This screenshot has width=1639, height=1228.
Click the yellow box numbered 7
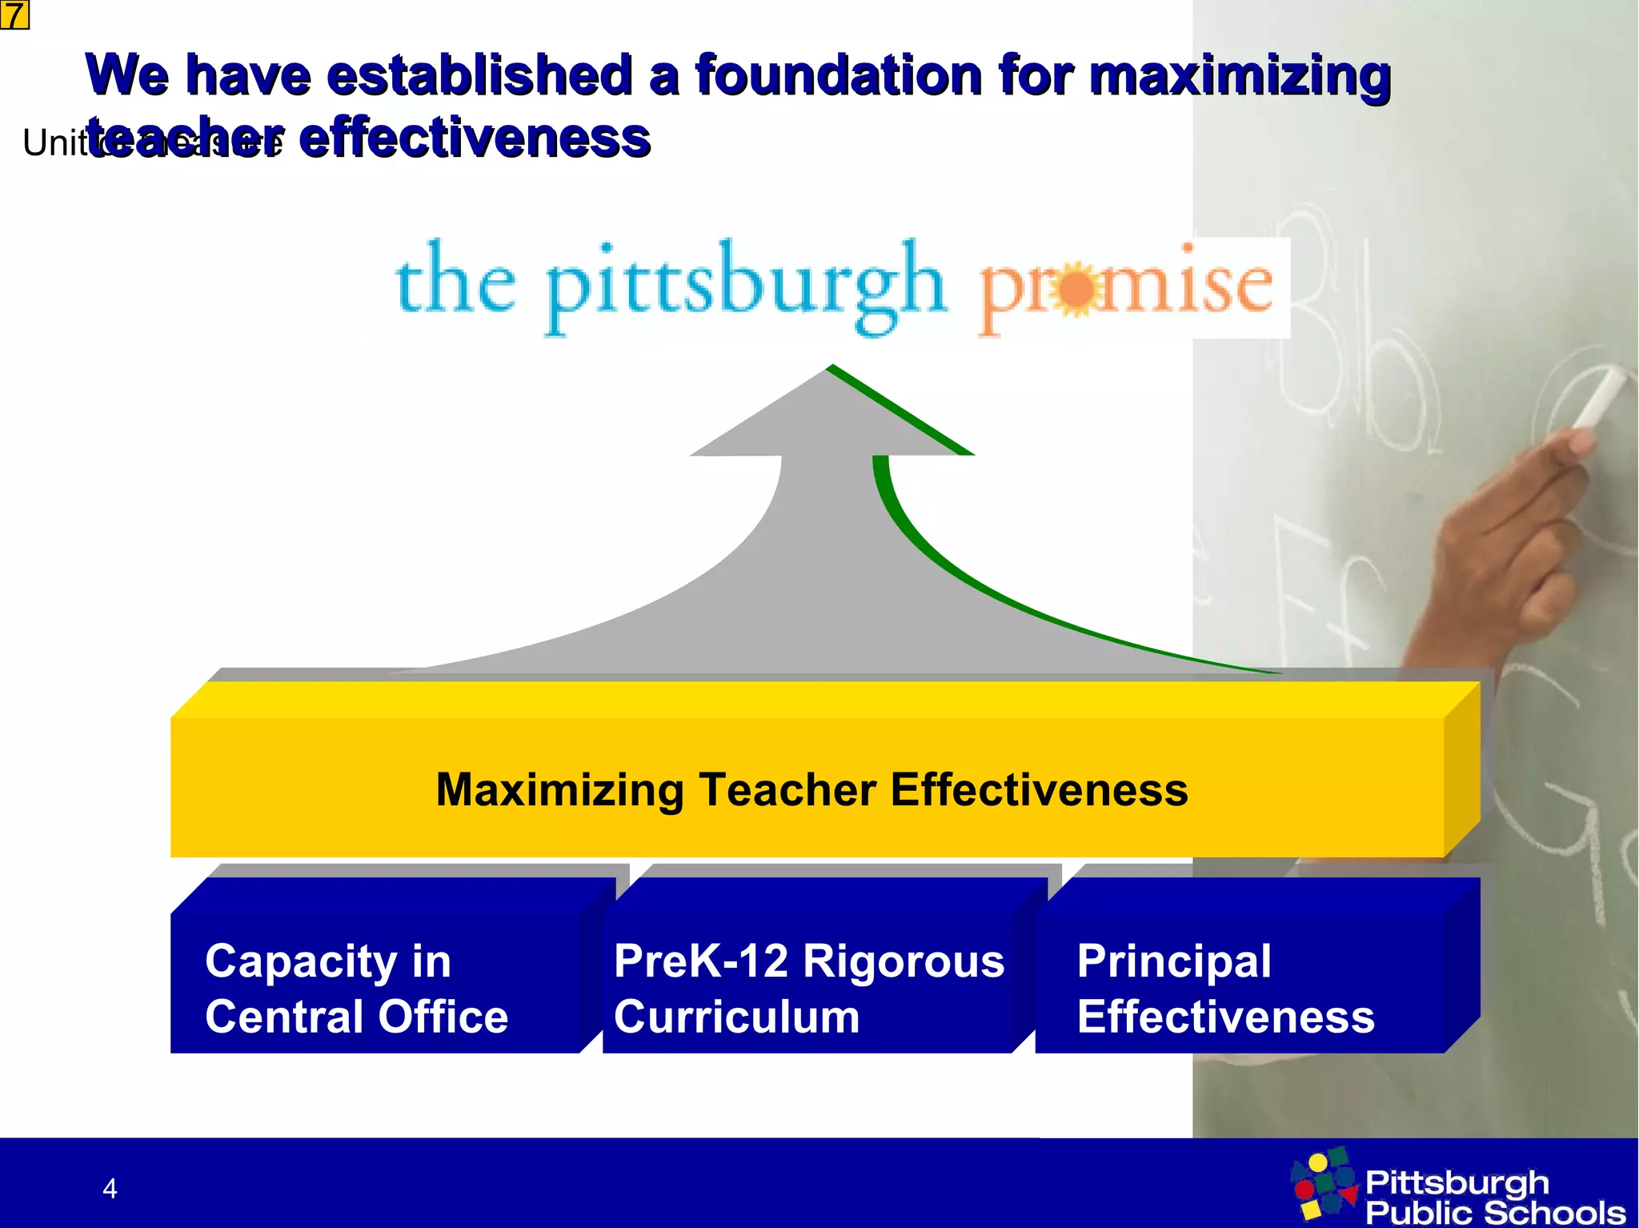click(x=14, y=14)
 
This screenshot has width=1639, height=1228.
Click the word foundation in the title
click(x=837, y=76)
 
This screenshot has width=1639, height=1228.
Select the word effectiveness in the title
click(x=475, y=138)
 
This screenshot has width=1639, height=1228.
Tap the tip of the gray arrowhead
click(x=830, y=369)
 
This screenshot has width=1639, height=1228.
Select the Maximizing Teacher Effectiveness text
click(x=811, y=789)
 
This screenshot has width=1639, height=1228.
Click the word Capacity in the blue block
click(x=300, y=961)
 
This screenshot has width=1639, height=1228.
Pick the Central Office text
click(x=356, y=1017)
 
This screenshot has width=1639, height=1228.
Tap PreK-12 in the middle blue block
click(x=701, y=961)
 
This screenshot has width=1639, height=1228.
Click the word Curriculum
click(x=736, y=1017)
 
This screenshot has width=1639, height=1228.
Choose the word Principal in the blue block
click(x=1173, y=961)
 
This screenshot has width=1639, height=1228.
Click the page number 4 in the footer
click(x=110, y=1189)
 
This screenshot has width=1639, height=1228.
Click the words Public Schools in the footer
click(x=1495, y=1212)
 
